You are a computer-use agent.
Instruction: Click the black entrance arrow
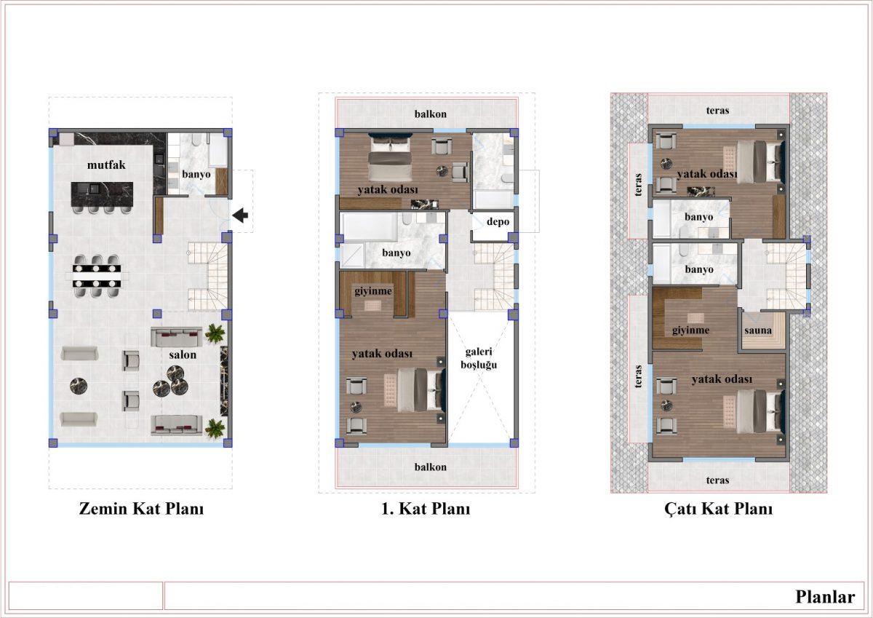[241, 215]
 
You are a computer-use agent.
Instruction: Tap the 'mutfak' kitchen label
[106, 165]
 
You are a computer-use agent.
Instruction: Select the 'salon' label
[183, 354]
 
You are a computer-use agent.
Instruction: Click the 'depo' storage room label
[498, 222]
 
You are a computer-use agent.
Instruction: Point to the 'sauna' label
[758, 330]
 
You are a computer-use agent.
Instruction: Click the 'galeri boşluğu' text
[479, 358]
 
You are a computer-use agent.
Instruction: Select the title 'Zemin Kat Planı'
[141, 509]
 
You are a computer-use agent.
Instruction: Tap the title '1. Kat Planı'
[426, 509]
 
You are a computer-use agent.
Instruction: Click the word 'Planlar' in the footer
[825, 597]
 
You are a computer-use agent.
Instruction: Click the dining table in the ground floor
[97, 276]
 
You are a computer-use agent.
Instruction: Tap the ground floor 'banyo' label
[196, 174]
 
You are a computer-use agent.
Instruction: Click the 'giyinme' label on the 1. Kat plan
[373, 291]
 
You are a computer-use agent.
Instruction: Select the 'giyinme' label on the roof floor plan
[690, 330]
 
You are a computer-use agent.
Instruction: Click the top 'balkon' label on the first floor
[430, 114]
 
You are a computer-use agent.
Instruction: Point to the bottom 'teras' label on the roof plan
[717, 480]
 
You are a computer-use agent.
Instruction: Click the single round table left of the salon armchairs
[79, 386]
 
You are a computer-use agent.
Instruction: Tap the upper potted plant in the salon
[215, 334]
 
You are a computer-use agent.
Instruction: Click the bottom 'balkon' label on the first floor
[430, 467]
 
